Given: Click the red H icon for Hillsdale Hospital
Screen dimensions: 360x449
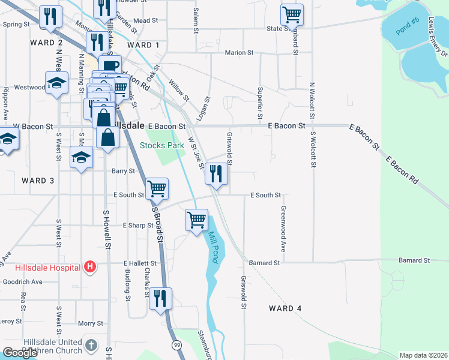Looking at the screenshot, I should click(x=90, y=266).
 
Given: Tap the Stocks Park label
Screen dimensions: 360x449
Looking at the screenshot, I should click(x=162, y=145).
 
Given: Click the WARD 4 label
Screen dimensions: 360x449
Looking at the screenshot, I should click(x=285, y=308).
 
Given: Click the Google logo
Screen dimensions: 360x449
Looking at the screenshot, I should click(x=20, y=353).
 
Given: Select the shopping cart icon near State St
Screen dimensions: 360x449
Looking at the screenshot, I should click(x=292, y=14).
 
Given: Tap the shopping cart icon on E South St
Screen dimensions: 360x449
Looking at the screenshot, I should click(x=157, y=188).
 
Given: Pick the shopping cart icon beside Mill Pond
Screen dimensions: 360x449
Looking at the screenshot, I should click(x=197, y=220).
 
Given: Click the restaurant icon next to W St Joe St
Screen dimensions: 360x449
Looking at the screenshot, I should click(x=217, y=173).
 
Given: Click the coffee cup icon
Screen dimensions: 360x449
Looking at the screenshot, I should click(x=110, y=66).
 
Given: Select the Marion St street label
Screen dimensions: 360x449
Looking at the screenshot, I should click(x=239, y=53).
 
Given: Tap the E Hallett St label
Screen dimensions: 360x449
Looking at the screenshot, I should click(x=140, y=263).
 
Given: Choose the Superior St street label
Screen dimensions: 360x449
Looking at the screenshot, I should click(x=261, y=102).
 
